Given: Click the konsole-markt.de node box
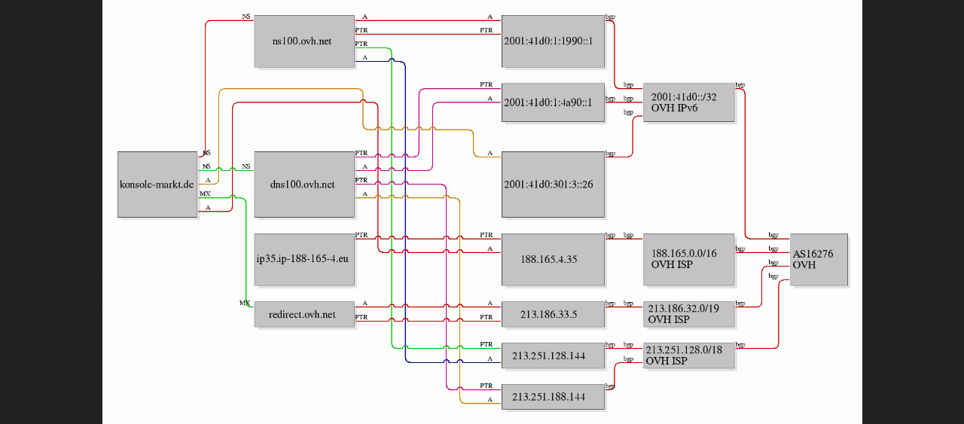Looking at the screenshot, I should point(157,185).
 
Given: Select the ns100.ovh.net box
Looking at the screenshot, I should point(304,41).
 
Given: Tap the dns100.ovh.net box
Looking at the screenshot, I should point(304,185).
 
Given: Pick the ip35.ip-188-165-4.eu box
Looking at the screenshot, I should point(304,260).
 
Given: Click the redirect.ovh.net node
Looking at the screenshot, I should point(304,315).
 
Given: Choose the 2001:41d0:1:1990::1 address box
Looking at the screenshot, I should point(553,41).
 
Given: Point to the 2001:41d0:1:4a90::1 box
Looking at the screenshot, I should point(553,102).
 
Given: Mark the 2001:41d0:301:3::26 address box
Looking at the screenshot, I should point(553,185).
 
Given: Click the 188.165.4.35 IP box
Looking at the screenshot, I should point(553,260).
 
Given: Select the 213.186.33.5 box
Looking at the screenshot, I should point(553,315).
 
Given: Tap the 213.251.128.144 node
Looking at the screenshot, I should point(553,356).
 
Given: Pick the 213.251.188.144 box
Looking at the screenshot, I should point(553,397).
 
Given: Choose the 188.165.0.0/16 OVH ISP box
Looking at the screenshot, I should point(688,260).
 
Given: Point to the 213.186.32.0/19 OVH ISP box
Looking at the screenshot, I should point(689,315).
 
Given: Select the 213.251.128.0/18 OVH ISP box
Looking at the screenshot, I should point(689,356).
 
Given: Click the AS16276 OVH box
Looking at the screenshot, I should point(818,260).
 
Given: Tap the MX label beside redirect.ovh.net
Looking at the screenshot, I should point(245,303).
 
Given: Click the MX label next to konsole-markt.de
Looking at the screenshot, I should point(205,194).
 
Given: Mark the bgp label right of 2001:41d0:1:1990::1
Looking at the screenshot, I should point(610,16).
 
